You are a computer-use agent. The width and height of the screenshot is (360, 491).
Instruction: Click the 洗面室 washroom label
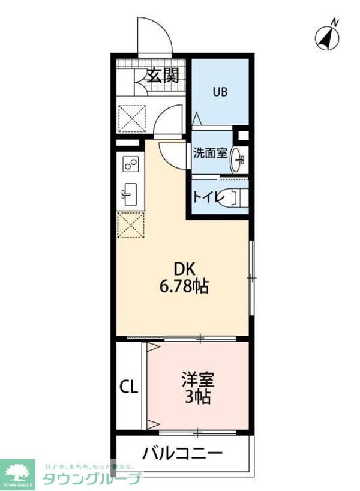[210, 152]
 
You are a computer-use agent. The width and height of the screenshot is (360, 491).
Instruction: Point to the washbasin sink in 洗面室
[239, 159]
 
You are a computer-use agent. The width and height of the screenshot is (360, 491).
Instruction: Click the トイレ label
[205, 196]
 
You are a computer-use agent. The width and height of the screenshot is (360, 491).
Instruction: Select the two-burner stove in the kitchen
[131, 163]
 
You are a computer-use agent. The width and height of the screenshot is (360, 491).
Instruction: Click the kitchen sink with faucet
[130, 194]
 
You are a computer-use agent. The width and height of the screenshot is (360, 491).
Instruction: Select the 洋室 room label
[198, 379]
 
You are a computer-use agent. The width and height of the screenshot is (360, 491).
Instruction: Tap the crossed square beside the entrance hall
[132, 118]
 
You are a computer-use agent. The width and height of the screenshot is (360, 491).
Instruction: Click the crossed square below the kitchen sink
[131, 226]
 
